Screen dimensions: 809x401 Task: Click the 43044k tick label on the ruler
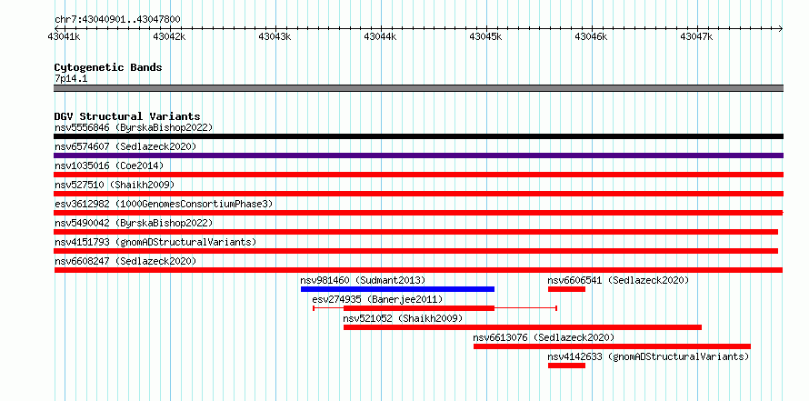[x=381, y=36]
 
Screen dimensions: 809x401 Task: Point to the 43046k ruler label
[x=591, y=36]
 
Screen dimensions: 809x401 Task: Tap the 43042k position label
[x=170, y=36]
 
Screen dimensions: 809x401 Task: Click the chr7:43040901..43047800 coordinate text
[x=117, y=20]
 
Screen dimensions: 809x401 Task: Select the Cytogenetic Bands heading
[x=108, y=67]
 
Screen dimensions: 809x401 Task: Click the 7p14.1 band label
[x=71, y=79]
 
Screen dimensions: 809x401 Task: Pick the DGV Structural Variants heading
[x=127, y=116]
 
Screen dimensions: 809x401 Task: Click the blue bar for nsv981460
[x=397, y=289]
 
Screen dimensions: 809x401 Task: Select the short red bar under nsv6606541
[x=566, y=289]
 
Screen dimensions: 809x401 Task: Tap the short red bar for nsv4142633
[x=566, y=366]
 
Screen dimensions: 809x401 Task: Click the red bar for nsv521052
[x=523, y=327]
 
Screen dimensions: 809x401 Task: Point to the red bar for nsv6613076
[x=612, y=346]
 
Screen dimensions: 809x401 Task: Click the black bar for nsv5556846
[x=418, y=136]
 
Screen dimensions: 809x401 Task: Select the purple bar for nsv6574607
[x=418, y=155]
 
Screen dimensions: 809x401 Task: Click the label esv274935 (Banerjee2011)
[x=377, y=300]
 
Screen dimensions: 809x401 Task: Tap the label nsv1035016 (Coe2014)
[x=109, y=165]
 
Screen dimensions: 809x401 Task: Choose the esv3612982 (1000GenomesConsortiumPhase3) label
[x=164, y=204]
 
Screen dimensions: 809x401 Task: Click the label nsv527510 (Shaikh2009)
[x=115, y=185]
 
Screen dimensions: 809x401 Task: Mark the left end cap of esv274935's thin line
[x=314, y=308]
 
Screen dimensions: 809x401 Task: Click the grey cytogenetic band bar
[x=418, y=88]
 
